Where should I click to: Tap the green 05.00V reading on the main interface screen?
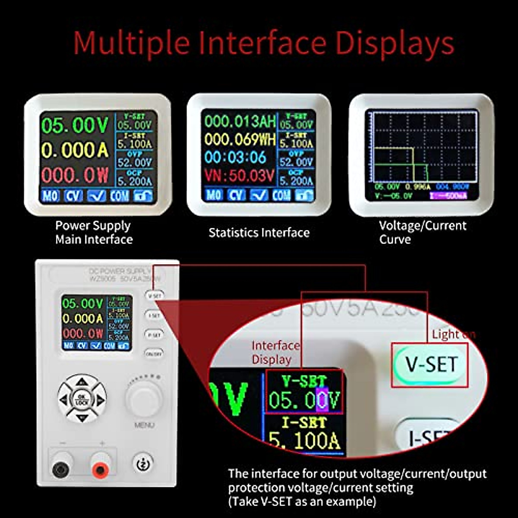tap(75, 126)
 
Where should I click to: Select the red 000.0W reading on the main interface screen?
tap(75, 175)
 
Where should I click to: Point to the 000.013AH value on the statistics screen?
tap(240, 122)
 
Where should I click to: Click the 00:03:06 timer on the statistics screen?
tap(235, 157)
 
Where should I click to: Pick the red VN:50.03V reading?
tap(239, 176)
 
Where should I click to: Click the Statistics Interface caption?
tap(259, 233)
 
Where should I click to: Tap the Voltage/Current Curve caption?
tap(422, 232)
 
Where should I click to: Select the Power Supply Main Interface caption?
tap(94, 232)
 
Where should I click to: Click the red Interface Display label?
tap(275, 352)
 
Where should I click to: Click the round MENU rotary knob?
tap(144, 398)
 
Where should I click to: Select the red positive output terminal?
tap(100, 469)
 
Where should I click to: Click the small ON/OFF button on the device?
tap(154, 354)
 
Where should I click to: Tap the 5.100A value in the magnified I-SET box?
tap(304, 441)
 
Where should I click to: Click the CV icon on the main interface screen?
tap(73, 196)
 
